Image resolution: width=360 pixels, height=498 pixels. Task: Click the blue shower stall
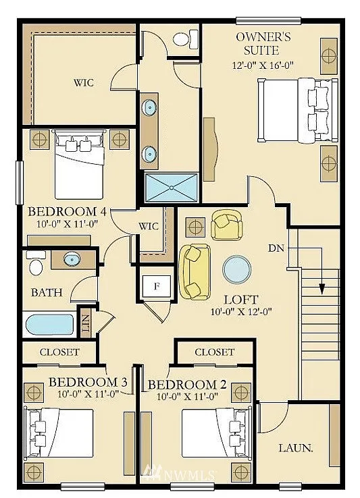[x=172, y=186]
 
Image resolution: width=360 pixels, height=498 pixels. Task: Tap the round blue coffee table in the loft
[x=236, y=269]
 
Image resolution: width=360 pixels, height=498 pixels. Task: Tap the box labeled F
[x=157, y=286]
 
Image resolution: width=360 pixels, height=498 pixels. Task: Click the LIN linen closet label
[x=86, y=325]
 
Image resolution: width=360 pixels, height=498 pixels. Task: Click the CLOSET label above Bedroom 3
[x=59, y=352]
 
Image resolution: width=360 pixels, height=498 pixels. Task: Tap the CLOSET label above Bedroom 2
[x=214, y=352]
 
